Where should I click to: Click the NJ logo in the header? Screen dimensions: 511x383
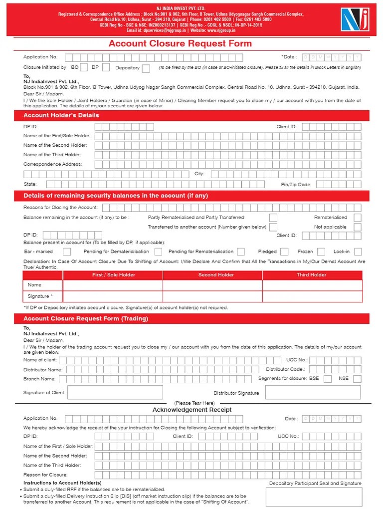tap(355, 19)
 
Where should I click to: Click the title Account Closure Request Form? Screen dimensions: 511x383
tap(181, 43)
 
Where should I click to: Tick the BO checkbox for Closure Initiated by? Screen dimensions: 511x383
tap(84, 67)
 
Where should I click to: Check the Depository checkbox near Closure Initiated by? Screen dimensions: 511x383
tap(146, 68)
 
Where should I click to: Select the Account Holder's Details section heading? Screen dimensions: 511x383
tap(61, 115)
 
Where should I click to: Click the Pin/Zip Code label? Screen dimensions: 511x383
tap(296, 185)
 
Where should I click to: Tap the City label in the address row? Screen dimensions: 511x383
tap(199, 174)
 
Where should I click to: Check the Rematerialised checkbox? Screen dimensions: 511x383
tap(357, 218)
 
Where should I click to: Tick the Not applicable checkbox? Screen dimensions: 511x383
tap(357, 227)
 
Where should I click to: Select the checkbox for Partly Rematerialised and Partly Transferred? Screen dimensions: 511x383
tap(273, 218)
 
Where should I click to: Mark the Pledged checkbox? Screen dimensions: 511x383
tap(285, 252)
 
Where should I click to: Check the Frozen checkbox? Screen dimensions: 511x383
tap(321, 252)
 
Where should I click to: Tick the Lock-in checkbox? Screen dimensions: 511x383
tap(358, 252)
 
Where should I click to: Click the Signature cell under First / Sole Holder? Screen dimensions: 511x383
tap(113, 296)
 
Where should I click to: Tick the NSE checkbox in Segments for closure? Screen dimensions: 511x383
tap(357, 379)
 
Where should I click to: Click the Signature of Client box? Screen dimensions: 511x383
tap(135, 393)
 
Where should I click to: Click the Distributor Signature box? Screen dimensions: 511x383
tap(313, 393)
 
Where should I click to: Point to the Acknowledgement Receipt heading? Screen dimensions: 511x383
tap(192, 410)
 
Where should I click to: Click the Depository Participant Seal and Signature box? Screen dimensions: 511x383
tap(314, 497)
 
